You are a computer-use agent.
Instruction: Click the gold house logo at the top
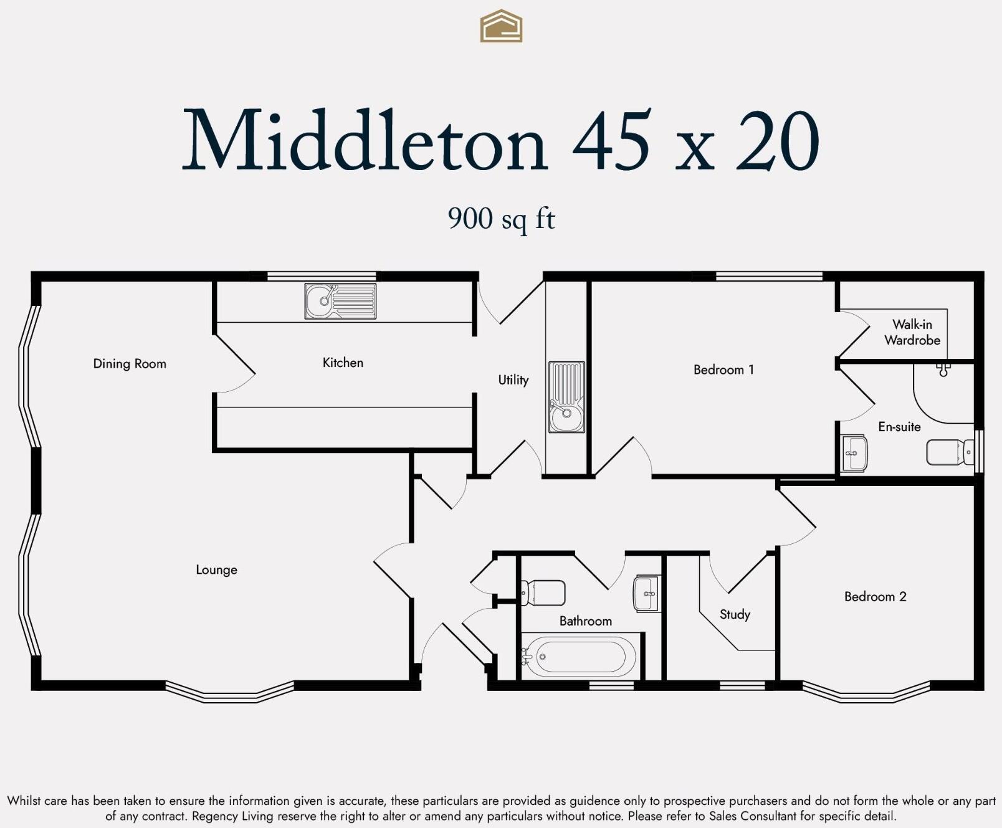coord(501,26)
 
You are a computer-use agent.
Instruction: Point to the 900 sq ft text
coord(501,219)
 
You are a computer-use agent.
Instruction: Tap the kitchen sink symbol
coord(340,301)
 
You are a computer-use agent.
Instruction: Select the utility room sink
coord(566,397)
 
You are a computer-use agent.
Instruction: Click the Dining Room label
coord(130,364)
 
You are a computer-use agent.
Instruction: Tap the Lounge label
coord(216,569)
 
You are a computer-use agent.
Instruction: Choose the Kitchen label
coord(343,363)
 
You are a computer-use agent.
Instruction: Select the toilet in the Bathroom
coord(543,592)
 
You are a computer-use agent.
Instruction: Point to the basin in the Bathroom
coord(647,592)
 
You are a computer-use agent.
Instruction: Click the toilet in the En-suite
coord(949,452)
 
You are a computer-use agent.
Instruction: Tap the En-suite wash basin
coord(854,453)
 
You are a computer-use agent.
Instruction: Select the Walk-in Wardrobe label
coord(912,332)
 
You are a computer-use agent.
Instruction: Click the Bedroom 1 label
coord(723,370)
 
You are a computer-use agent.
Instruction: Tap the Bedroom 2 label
coord(875,597)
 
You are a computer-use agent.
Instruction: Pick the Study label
coord(735,614)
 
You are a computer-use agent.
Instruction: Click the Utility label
coord(513,380)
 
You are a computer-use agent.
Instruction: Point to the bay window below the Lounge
coord(229,693)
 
